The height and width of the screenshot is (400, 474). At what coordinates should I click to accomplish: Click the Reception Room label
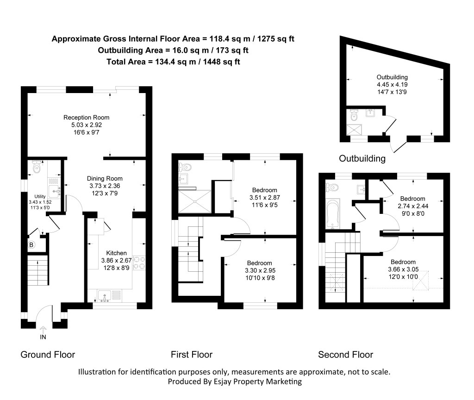(x=87, y=118)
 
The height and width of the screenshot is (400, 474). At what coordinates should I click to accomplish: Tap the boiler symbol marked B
(x=31, y=245)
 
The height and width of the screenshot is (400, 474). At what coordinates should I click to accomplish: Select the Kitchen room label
(x=116, y=253)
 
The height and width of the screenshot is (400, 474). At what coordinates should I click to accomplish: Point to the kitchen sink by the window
(x=104, y=295)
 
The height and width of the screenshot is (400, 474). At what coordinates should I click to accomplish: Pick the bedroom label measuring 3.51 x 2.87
(x=264, y=190)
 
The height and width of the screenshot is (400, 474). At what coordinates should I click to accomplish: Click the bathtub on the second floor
(x=333, y=214)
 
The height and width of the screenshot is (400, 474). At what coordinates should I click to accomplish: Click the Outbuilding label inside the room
(x=392, y=77)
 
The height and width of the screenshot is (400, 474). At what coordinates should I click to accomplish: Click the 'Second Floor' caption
(x=345, y=355)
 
